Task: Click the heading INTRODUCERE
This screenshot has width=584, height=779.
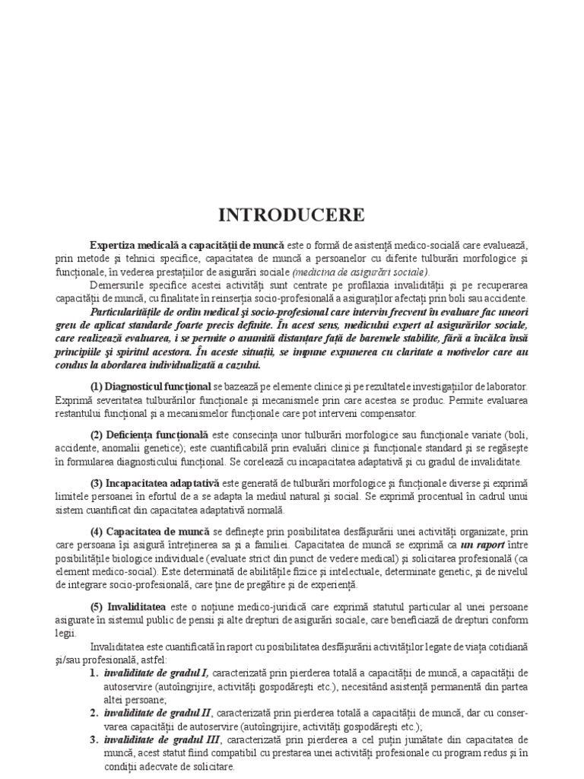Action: coord(291,215)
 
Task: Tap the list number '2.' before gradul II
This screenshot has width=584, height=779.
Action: coord(94,713)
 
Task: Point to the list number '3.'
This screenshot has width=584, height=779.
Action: coord(94,739)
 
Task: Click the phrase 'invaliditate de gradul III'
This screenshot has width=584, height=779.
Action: coord(162,739)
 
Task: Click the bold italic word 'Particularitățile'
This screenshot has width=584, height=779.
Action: coord(135,313)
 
